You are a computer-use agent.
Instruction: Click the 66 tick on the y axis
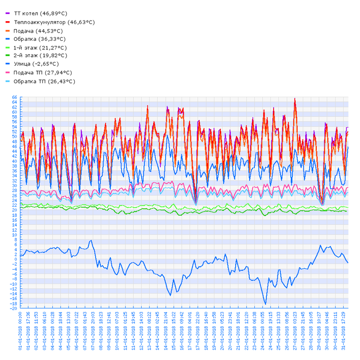pos(14,97)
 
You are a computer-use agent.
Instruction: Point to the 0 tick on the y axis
pos(15,259)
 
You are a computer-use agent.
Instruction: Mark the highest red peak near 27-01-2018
pos(295,99)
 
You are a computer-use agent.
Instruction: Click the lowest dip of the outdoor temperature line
pos(265,304)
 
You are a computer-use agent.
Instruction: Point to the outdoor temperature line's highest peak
pos(91,240)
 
